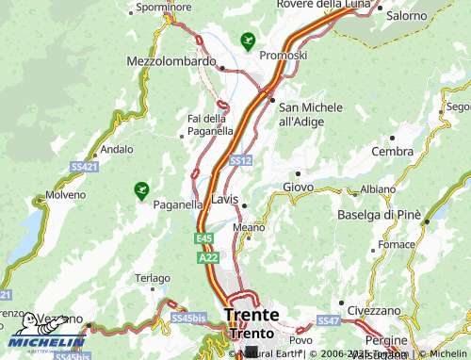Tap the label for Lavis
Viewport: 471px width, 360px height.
(x=225, y=200)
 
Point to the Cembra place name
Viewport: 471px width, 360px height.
(x=392, y=151)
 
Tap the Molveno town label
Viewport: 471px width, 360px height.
(x=66, y=194)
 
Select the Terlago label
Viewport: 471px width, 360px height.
(x=152, y=278)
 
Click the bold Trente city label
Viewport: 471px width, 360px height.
(x=252, y=315)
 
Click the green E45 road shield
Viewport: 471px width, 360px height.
(x=204, y=239)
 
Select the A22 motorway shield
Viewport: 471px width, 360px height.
(x=209, y=255)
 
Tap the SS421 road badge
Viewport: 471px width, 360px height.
(x=85, y=167)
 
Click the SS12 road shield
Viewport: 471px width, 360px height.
(x=240, y=161)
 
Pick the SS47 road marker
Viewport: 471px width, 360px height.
(x=328, y=321)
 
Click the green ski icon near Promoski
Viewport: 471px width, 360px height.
(x=248, y=41)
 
